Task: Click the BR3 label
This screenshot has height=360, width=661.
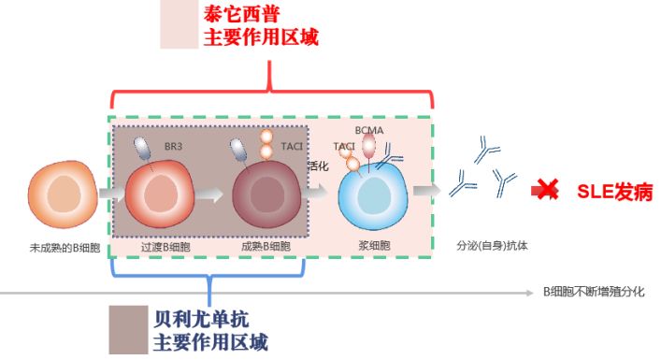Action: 173,148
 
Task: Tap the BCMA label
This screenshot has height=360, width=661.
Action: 368,130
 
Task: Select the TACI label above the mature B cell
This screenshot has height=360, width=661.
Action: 292,147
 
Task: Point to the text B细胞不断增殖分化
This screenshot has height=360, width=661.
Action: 594,292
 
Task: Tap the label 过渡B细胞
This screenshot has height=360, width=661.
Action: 164,247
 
